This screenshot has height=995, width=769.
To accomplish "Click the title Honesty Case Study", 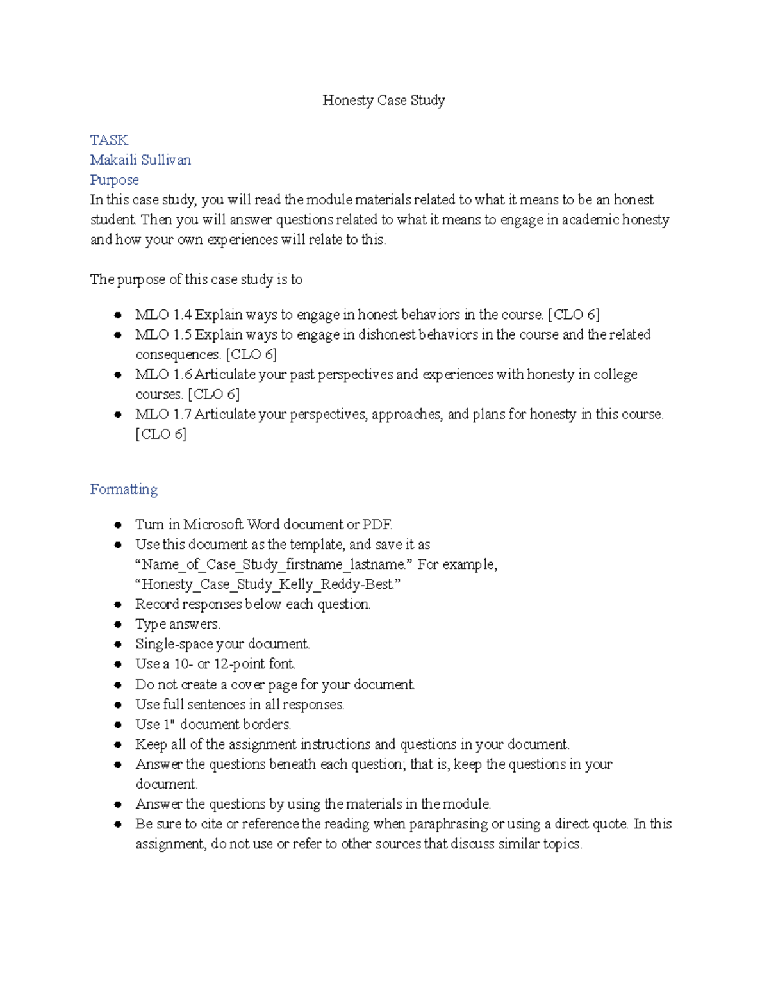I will tap(383, 100).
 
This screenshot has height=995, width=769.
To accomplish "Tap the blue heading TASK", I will tap(109, 140).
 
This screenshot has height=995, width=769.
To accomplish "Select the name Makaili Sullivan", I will tap(140, 160).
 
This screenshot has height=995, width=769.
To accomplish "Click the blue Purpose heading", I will tap(114, 179).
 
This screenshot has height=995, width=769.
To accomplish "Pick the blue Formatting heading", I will tap(124, 489).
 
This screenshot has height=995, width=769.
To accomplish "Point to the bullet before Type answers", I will tap(118, 624).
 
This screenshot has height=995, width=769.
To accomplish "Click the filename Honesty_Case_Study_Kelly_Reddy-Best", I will tap(267, 584).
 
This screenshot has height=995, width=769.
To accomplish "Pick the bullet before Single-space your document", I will tap(118, 644).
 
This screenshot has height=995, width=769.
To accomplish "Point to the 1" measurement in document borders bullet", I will tap(169, 724).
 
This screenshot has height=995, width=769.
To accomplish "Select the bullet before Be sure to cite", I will tap(118, 824).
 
